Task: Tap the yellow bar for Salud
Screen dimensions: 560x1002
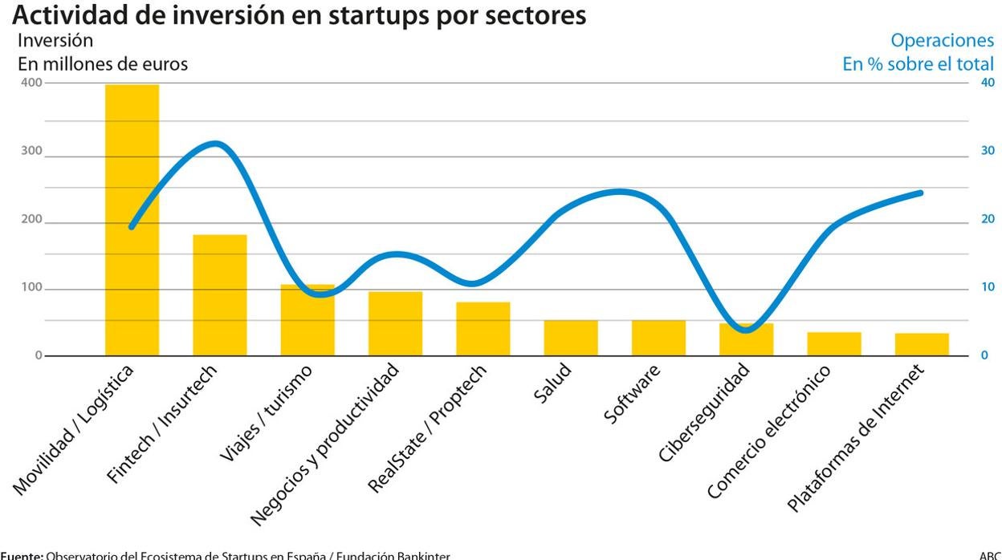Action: (570, 338)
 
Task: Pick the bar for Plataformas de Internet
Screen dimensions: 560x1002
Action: (922, 344)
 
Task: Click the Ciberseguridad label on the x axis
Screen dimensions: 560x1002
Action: (704, 412)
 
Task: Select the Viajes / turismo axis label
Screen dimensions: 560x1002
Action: (266, 412)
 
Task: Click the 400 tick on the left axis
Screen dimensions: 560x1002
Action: (32, 83)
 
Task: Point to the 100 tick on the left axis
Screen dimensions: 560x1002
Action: (32, 288)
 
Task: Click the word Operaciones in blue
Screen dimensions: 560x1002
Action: (942, 41)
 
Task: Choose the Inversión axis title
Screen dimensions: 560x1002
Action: (55, 40)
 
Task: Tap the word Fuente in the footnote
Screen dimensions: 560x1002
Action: (21, 555)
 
